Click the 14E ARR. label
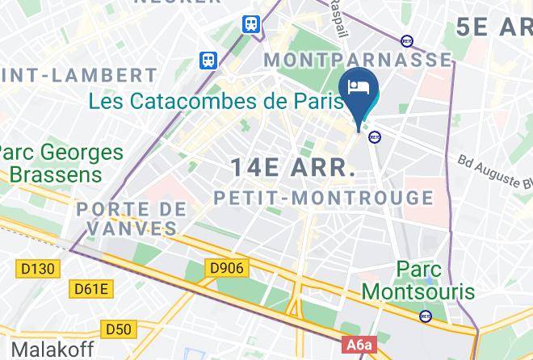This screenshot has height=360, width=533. [293, 169]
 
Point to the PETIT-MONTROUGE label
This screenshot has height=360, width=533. [323, 198]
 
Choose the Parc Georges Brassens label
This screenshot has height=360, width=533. [62, 163]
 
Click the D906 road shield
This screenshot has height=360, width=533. [226, 267]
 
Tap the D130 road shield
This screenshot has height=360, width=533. [37, 266]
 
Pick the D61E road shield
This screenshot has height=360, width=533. [92, 289]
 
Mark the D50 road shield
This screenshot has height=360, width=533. [119, 329]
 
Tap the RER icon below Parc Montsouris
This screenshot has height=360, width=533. [426, 316]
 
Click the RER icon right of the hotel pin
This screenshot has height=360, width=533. [375, 137]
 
